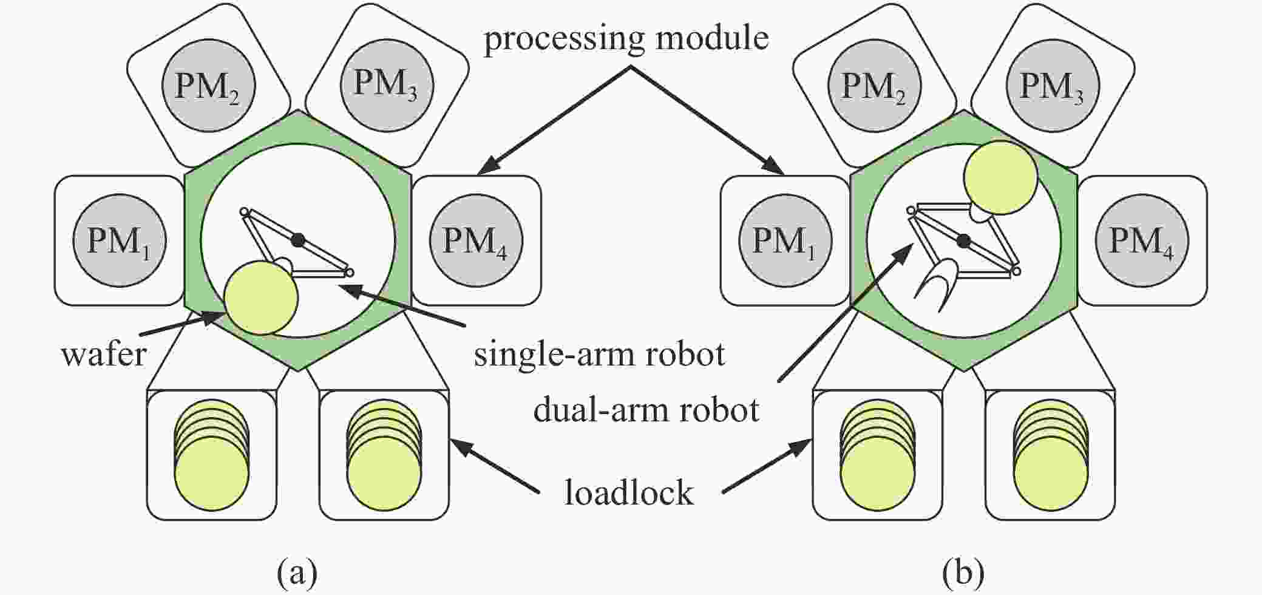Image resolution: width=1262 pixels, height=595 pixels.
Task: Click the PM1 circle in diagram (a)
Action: [120, 240]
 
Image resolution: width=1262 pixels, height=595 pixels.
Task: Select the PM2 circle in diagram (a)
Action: [208, 86]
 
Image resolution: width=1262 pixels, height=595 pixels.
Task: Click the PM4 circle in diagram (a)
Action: [476, 240]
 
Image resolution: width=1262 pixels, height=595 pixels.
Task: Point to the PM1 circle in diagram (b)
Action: [785, 240]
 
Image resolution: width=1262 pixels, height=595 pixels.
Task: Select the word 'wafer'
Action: [104, 354]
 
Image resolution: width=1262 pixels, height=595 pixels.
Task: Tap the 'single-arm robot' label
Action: [599, 354]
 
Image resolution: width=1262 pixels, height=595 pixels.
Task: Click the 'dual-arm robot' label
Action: [646, 410]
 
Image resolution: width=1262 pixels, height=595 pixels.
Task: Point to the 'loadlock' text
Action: [629, 492]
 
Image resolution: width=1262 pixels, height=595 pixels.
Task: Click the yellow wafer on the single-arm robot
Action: [261, 297]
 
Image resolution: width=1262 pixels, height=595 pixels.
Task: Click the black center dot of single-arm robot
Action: [297, 240]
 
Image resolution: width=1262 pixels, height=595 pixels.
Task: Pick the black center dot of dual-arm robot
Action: [963, 241]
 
